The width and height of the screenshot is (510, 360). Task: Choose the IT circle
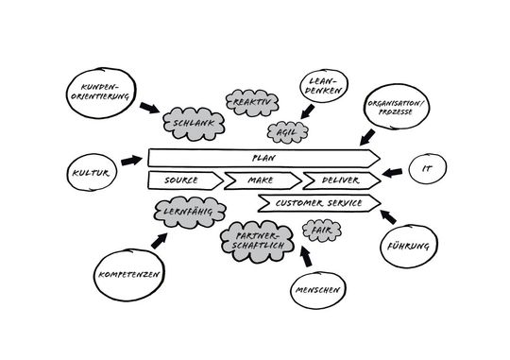click(x=427, y=170)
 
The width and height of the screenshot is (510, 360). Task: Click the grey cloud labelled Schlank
click(x=192, y=123)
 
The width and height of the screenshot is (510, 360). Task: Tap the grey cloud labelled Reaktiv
click(x=248, y=100)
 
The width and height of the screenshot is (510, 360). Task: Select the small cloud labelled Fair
click(x=319, y=230)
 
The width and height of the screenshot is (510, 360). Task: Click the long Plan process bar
click(x=263, y=157)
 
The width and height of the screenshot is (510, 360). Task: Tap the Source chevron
click(x=181, y=180)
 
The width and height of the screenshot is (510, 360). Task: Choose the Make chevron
click(x=260, y=180)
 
